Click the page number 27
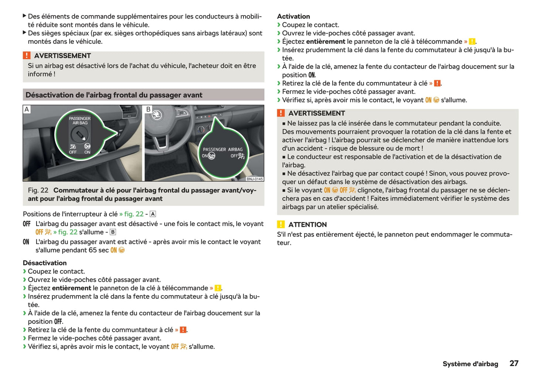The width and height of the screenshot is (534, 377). [x=514, y=363]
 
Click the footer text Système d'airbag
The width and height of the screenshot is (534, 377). [x=470, y=364]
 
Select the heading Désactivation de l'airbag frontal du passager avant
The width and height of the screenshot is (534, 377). [x=114, y=95]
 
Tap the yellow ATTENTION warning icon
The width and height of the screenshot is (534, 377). [x=281, y=224]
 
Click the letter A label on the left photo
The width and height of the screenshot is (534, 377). [x=27, y=110]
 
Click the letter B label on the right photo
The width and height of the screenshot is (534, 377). [x=149, y=110]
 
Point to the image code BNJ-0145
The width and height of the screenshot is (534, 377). [x=255, y=179]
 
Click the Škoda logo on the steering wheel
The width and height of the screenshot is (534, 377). [x=157, y=115]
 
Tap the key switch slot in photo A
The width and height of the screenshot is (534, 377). [x=79, y=134]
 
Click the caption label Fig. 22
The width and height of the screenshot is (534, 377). [x=38, y=190]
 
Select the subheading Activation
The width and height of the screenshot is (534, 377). [x=293, y=16]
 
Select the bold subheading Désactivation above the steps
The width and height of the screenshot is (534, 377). [x=45, y=263]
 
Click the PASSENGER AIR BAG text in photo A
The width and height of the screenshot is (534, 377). [x=80, y=121]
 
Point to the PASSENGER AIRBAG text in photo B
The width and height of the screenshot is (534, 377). [x=222, y=149]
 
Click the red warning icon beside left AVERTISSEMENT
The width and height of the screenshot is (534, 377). [x=27, y=55]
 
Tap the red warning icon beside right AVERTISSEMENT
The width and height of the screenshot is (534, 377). [x=281, y=113]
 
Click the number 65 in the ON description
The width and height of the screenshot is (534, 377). [x=92, y=250]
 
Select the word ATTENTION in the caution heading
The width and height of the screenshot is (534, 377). [x=307, y=225]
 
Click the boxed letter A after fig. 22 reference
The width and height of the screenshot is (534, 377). [x=153, y=214]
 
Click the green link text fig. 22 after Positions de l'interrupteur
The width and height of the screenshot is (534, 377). [x=134, y=214]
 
